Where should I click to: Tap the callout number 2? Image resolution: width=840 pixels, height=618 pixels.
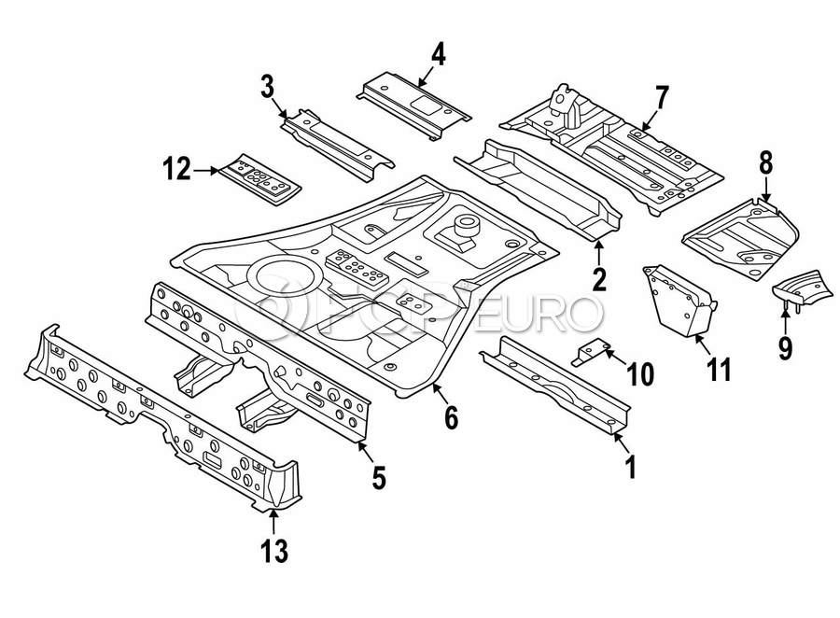pyautogui.click(x=598, y=277)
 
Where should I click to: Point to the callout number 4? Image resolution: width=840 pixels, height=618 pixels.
pyautogui.click(x=438, y=54)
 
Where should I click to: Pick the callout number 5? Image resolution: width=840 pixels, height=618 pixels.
pyautogui.click(x=378, y=478)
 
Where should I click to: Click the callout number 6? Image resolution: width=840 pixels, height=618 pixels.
pyautogui.click(x=451, y=417)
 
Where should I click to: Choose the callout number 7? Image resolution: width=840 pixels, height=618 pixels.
pyautogui.click(x=662, y=96)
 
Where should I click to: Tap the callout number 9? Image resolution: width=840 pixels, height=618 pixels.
pyautogui.click(x=785, y=348)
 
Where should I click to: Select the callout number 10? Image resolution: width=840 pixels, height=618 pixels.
pyautogui.click(x=640, y=374)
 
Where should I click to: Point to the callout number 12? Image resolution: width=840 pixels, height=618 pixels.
pyautogui.click(x=175, y=170)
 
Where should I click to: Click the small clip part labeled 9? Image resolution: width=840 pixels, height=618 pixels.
pyautogui.click(x=797, y=285)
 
